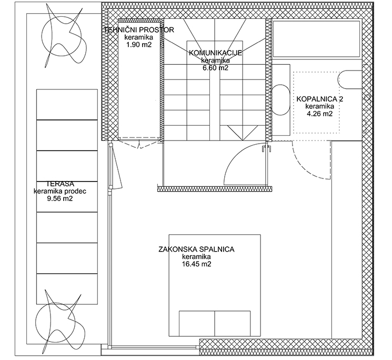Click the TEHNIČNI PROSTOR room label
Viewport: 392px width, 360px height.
(139, 30)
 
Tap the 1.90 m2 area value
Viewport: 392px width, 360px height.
(139, 45)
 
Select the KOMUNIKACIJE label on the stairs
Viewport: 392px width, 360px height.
(215, 53)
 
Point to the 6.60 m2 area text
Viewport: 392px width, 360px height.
(215, 68)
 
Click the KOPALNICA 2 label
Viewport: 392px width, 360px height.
(320, 99)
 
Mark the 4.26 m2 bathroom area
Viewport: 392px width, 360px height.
(320, 114)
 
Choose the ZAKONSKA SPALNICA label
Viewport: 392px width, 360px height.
(196, 249)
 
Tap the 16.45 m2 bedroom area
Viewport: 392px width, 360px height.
(196, 264)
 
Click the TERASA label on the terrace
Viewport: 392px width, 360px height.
(61, 184)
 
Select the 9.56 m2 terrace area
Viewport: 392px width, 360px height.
(60, 199)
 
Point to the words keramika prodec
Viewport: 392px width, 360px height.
(60, 192)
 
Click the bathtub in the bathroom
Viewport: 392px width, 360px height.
(317, 39)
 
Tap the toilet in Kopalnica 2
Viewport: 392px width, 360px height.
(350, 80)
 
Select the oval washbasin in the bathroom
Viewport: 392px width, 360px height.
(282, 100)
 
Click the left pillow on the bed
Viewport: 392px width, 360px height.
(196, 324)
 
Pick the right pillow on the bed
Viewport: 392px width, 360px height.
(233, 324)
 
